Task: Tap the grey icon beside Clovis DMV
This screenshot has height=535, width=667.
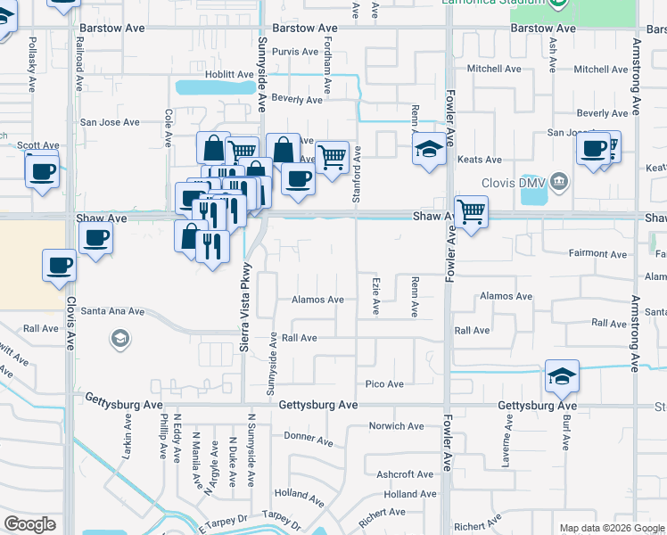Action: tap(559, 183)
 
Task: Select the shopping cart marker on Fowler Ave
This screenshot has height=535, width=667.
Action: tap(471, 213)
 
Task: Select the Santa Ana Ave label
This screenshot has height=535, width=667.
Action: tap(112, 311)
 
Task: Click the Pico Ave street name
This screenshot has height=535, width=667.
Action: tap(384, 384)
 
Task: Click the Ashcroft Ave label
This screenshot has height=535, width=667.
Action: tap(404, 474)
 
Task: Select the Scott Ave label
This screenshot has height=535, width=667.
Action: tap(37, 145)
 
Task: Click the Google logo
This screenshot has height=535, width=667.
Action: tap(29, 524)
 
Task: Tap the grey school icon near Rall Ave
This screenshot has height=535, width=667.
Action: tap(119, 338)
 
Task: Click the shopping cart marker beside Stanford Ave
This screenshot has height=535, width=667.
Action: tap(332, 158)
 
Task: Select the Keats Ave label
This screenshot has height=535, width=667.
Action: tap(480, 160)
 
